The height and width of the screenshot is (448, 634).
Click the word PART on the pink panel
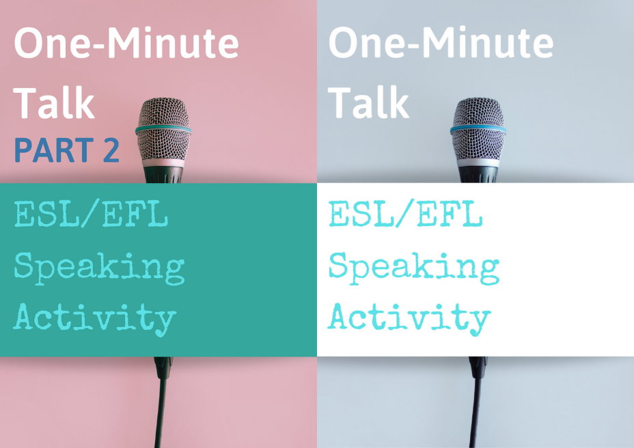pyautogui.click(x=54, y=150)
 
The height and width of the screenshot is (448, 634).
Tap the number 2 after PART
pyautogui.click(x=111, y=150)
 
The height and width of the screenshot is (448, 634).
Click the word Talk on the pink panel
pyautogui.click(x=54, y=102)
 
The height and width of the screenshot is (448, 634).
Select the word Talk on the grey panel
pyautogui.click(x=368, y=102)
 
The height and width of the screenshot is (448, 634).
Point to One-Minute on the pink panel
pyautogui.click(x=126, y=42)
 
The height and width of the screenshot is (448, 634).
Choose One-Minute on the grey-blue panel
pyautogui.click(x=441, y=42)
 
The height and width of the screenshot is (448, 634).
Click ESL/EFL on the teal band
pyautogui.click(x=91, y=214)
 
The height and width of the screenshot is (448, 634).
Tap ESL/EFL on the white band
pyautogui.click(x=406, y=214)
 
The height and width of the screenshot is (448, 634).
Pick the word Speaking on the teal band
pyautogui.click(x=100, y=268)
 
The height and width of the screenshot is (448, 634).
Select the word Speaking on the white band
pyautogui.click(x=414, y=268)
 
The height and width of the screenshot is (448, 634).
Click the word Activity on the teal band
pyautogui.click(x=95, y=319)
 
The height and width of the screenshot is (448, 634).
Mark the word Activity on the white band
pyautogui.click(x=409, y=319)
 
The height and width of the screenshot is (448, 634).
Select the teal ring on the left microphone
pyautogui.click(x=163, y=130)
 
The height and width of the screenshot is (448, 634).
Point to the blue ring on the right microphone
pyautogui.click(x=478, y=130)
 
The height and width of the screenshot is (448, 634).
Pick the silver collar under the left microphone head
pyautogui.click(x=163, y=163)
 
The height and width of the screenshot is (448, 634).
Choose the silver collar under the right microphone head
pyautogui.click(x=478, y=163)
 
